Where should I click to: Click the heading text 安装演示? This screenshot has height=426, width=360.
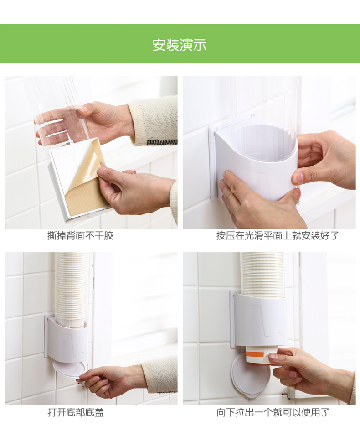tap(180, 45)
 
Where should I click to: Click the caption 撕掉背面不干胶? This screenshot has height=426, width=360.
tap(80, 235)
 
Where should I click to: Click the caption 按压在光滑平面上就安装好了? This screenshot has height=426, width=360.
tap(278, 235)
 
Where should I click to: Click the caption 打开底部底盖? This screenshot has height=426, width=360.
tap(76, 412)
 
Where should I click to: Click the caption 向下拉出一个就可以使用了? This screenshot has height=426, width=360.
tap(273, 412)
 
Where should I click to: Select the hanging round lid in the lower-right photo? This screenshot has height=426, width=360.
tap(248, 376)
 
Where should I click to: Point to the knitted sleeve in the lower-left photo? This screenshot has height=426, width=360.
tap(160, 375)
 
